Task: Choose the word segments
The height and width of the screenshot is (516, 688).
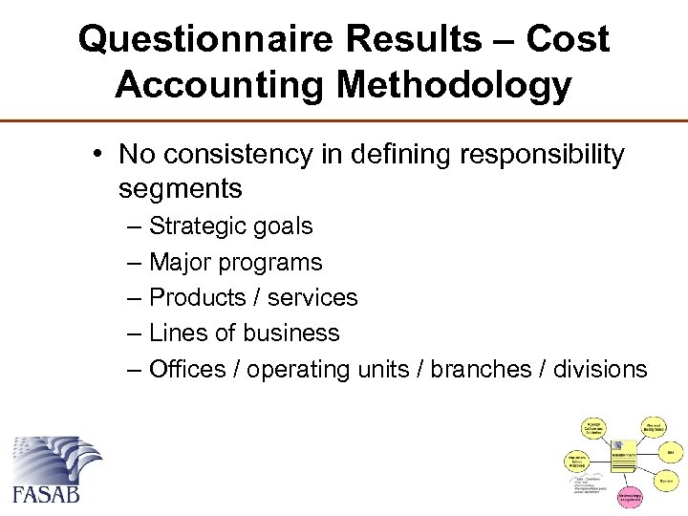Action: coord(181,189)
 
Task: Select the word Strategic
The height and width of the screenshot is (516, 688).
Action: coord(199,226)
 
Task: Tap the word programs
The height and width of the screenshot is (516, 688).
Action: coord(275,262)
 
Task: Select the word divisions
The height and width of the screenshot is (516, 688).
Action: coord(601,369)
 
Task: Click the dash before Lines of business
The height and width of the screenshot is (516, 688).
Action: coord(133,333)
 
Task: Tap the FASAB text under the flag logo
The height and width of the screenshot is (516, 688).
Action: coord(45,493)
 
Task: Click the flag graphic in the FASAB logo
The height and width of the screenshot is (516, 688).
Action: coord(54,458)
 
